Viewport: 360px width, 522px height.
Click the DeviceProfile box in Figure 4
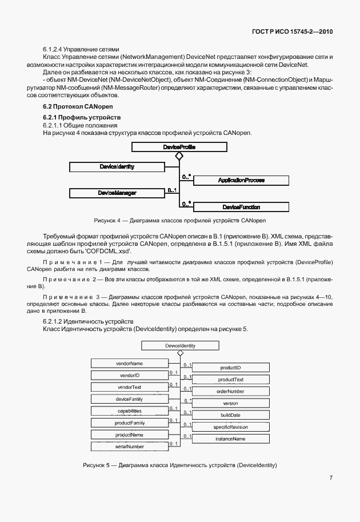(179, 147)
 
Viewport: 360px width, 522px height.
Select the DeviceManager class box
(117, 193)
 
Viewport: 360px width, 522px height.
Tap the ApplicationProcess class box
(241, 180)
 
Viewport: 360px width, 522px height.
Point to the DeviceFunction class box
(241, 206)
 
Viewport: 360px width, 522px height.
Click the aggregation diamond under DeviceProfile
(179, 156)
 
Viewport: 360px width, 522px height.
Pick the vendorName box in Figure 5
(129, 363)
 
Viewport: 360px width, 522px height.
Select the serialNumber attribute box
(129, 446)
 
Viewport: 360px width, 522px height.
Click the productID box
(230, 367)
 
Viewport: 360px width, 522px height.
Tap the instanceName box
(230, 439)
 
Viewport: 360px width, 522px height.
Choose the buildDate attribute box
(230, 415)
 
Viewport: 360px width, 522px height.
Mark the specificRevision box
(230, 427)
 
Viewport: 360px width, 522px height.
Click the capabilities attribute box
(129, 411)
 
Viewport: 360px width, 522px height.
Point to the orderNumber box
(230, 391)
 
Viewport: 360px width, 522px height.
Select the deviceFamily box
(129, 399)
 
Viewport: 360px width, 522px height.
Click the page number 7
(331, 478)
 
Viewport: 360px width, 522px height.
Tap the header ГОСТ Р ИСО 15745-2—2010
(291, 31)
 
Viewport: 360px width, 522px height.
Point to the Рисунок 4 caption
(181, 220)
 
